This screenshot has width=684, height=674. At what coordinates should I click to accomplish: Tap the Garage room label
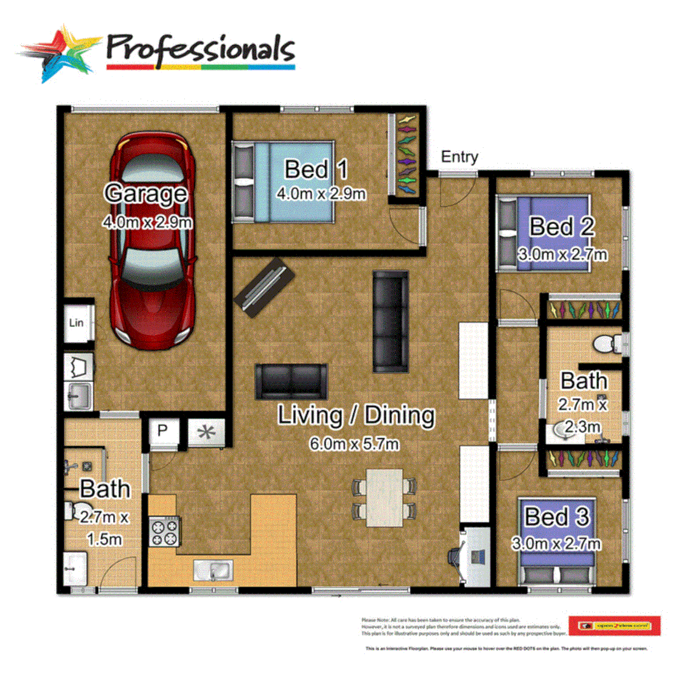146,193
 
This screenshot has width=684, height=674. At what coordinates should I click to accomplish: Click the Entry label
460,157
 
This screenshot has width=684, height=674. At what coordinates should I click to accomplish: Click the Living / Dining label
356,415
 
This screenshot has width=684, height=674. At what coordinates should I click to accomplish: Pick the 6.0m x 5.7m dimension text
354,444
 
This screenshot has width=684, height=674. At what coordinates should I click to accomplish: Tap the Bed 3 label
555,517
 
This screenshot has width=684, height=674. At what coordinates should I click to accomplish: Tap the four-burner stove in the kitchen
163,532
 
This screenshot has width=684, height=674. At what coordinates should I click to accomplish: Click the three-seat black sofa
391,321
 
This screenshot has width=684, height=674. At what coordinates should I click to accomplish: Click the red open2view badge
613,625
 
